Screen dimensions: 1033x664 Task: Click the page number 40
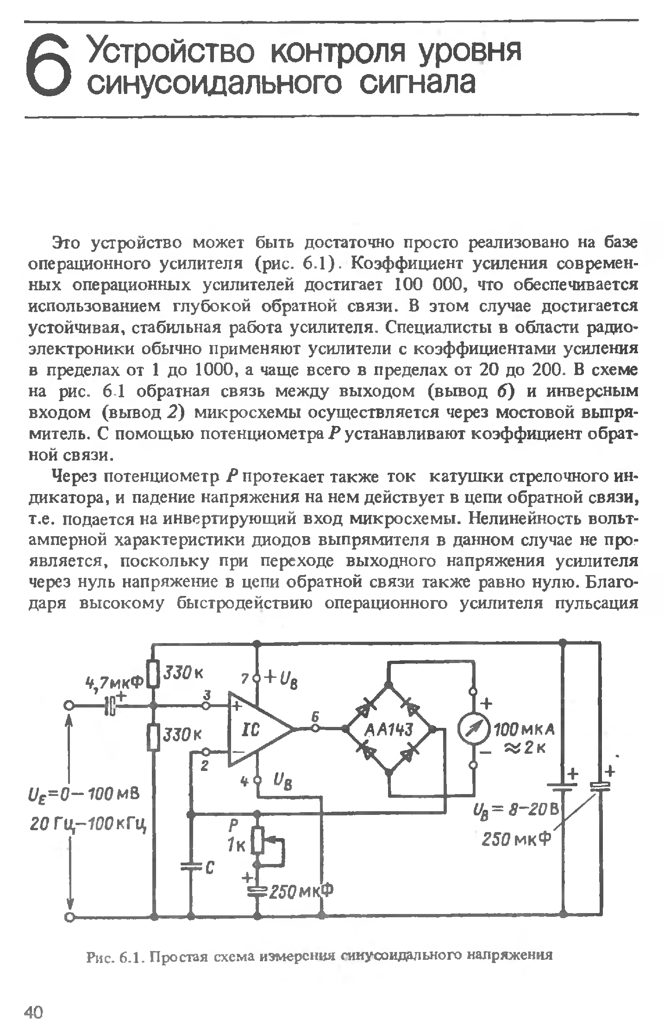click(x=33, y=1013)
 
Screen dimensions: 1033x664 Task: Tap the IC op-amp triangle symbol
click(x=257, y=729)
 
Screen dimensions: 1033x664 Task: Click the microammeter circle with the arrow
click(x=473, y=729)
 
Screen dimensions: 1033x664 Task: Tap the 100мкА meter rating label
click(x=524, y=731)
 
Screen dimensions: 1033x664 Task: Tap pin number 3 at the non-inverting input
click(x=207, y=695)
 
